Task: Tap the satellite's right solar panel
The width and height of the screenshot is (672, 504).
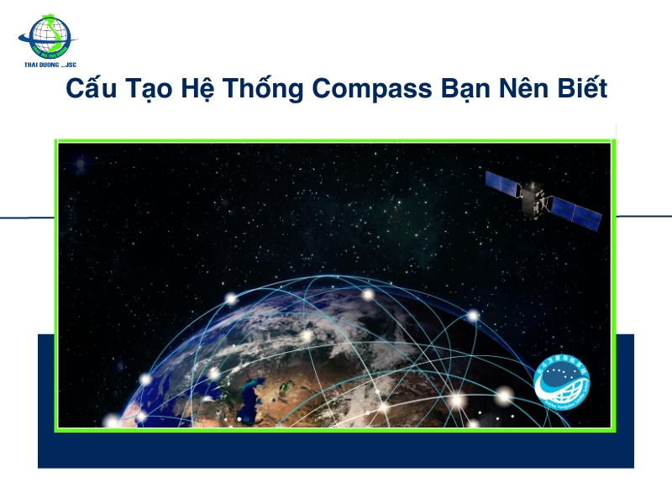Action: coord(575,214)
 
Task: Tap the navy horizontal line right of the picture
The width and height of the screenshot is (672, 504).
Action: coord(643,216)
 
